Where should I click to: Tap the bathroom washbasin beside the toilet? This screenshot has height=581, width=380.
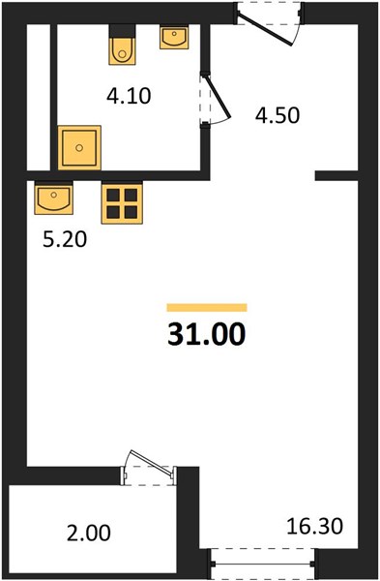pos(174,37)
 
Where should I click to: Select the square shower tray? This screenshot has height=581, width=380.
pos(79,147)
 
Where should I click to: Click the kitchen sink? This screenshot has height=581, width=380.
pos(53,198)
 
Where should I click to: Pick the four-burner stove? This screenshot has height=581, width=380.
pos(122,203)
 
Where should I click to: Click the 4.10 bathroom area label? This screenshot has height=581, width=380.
pos(129,96)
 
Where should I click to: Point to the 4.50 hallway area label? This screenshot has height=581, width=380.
pos(278,115)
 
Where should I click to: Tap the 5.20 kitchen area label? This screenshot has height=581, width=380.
pos(65,239)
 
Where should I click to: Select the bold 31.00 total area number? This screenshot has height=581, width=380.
pos(207,334)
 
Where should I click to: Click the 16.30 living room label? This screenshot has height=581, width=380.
pos(315,526)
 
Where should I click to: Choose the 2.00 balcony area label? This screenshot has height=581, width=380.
pos(88,534)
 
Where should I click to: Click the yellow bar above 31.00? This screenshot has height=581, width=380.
pos(207,308)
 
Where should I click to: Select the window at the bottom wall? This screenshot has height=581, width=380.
pos(263,565)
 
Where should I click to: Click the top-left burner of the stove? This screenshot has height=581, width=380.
pos(113,195)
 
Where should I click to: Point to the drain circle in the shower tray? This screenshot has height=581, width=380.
pos(79,148)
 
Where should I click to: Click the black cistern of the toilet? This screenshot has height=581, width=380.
pos(122,30)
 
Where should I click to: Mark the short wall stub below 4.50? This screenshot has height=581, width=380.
pos(336,175)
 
